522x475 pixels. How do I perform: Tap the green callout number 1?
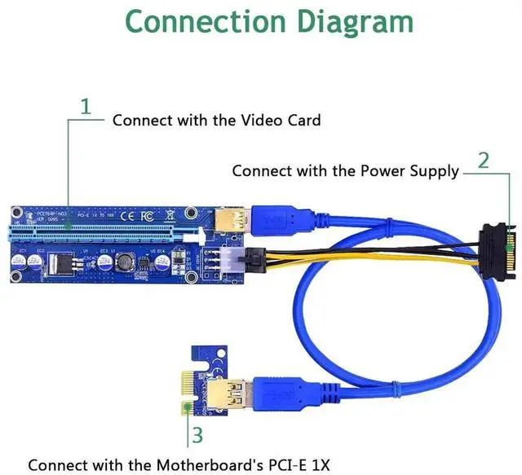tap(86, 106)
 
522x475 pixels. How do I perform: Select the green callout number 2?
tap(483, 160)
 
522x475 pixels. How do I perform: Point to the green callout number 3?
tap(197, 433)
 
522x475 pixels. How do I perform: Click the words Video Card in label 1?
tap(281, 120)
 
